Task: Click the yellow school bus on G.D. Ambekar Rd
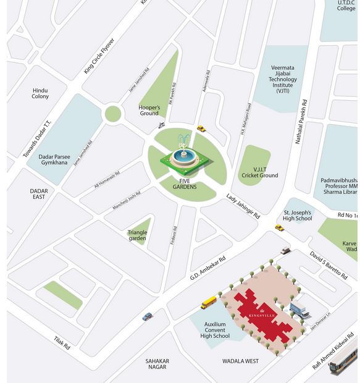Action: (x=209, y=303)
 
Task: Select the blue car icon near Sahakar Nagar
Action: (x=147, y=317)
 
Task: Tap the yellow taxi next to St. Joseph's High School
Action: (x=279, y=228)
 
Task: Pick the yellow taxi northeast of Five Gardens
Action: (x=201, y=128)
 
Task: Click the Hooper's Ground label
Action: (x=149, y=110)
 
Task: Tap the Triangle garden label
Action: (x=138, y=235)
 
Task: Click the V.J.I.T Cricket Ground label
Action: (x=257, y=172)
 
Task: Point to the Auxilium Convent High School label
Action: (x=215, y=330)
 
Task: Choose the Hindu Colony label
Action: (x=40, y=93)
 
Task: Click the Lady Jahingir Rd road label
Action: (x=243, y=206)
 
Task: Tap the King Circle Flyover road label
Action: (x=99, y=56)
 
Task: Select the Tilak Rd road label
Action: (x=62, y=343)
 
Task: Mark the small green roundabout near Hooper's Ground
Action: (x=112, y=114)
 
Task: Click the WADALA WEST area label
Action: (x=240, y=361)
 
